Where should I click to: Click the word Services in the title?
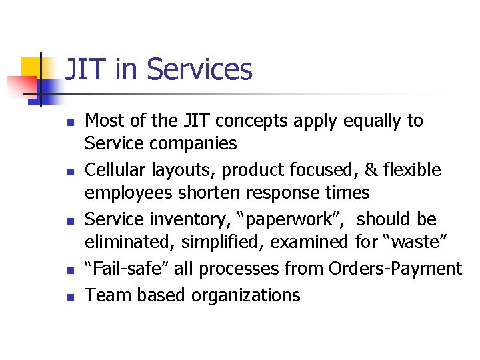coord(199,69)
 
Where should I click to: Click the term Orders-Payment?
coord(395,269)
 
